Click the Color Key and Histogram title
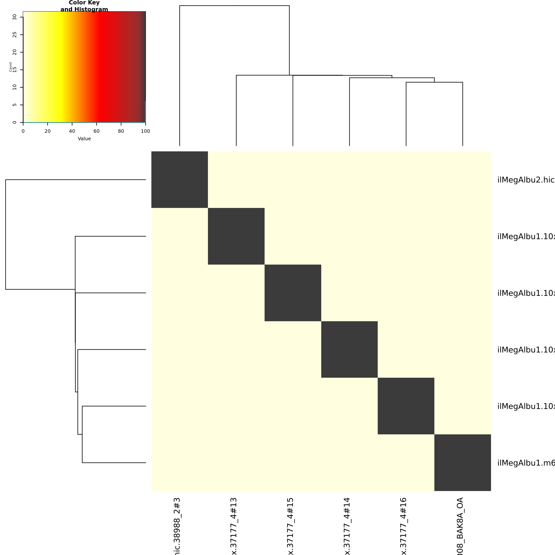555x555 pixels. (84, 6)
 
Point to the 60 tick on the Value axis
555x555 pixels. (97, 123)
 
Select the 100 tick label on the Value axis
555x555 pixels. (145, 131)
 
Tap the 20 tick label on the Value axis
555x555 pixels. (47, 131)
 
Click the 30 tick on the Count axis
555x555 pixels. (22, 17)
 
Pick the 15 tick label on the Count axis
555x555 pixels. (14, 70)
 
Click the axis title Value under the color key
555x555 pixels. (84, 139)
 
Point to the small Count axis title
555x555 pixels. (10, 67)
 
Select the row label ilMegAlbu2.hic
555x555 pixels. (526, 180)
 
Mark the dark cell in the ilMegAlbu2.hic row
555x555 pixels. (180, 180)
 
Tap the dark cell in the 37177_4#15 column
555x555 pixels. (293, 293)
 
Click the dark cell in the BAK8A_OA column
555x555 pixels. (462, 463)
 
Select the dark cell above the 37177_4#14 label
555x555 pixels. (349, 349)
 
